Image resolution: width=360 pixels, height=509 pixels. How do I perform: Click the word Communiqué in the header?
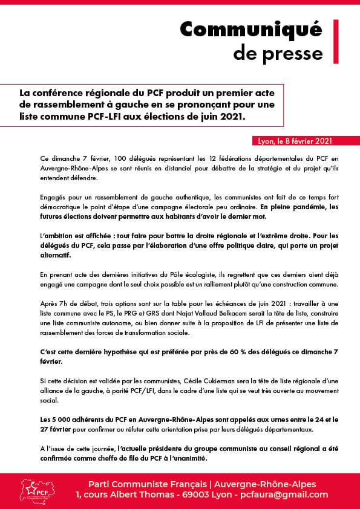tap(251, 30)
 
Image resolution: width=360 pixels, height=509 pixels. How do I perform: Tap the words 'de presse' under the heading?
tap(278, 53)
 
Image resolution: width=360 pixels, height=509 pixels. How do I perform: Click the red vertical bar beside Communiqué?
tap(336, 41)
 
